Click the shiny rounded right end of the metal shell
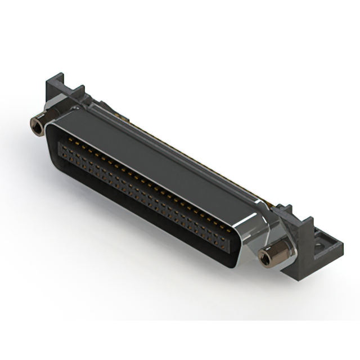click(247, 236)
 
